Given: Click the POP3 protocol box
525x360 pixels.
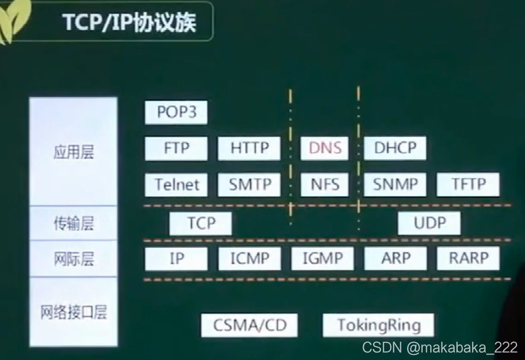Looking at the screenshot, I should (x=176, y=112).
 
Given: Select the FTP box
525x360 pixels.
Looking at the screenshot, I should (x=176, y=148).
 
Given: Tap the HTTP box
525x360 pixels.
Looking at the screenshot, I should (x=249, y=148).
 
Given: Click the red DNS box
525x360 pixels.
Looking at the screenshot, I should (x=325, y=148).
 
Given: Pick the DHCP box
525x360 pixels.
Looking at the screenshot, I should (x=395, y=148).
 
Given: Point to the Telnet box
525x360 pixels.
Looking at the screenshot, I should (x=176, y=184).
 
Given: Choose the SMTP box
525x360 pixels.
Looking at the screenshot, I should (x=249, y=184).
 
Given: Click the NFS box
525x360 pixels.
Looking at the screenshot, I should (x=325, y=184).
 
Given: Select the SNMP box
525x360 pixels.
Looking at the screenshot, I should (x=395, y=184).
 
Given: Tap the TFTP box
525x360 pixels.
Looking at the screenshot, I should (x=468, y=184).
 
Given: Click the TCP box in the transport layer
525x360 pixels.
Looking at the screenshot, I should (x=201, y=224).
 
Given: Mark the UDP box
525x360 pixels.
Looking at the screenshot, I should (x=429, y=224).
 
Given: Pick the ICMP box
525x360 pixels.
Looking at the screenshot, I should (x=249, y=259).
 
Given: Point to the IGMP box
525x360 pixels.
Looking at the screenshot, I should (x=322, y=259).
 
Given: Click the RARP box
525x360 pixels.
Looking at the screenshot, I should (x=468, y=259).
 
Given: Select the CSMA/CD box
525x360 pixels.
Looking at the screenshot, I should (x=249, y=325).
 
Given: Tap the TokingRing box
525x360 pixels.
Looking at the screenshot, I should (x=379, y=325).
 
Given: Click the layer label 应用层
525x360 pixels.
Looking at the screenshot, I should (x=74, y=153).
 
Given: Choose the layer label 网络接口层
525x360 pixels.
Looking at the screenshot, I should (x=74, y=312).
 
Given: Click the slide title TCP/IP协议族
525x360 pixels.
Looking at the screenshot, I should (x=129, y=22).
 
